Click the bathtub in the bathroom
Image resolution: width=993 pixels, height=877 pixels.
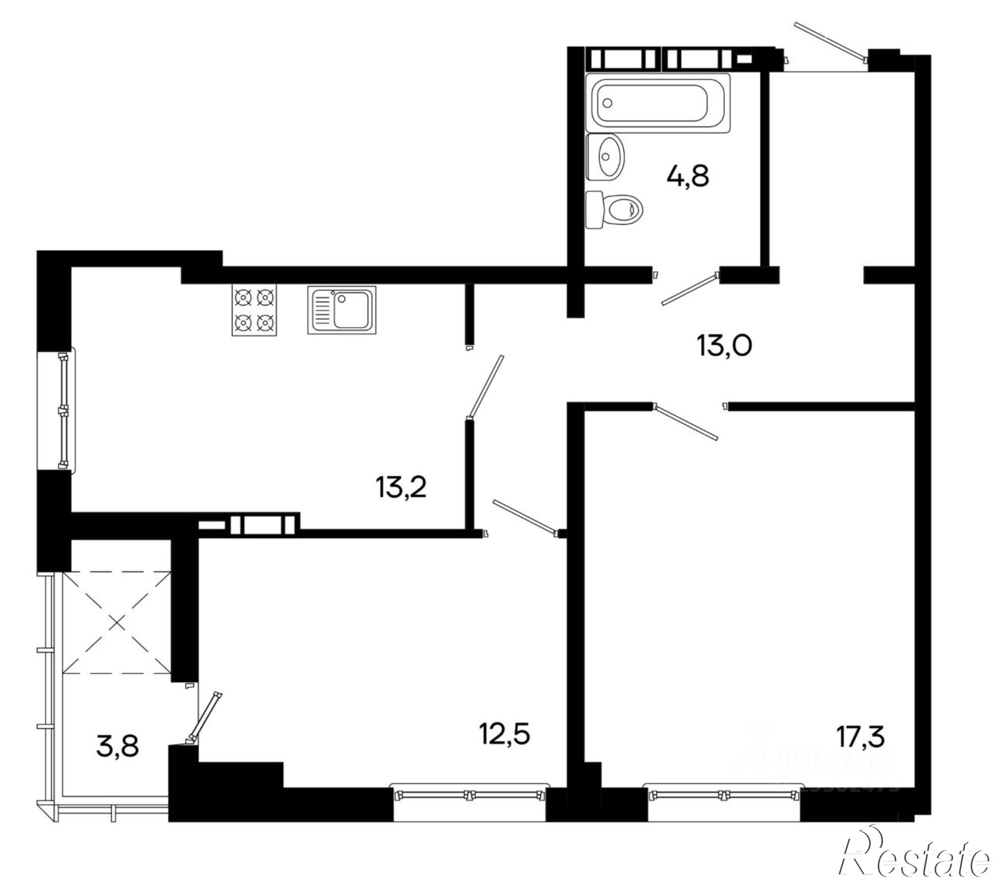657,103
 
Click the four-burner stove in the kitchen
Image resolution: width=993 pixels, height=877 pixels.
254,311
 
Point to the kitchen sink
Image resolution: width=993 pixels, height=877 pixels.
342,310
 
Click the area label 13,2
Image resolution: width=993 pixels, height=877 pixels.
401,488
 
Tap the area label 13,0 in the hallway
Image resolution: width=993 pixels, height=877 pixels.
724,345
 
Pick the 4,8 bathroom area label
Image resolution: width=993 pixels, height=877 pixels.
688,176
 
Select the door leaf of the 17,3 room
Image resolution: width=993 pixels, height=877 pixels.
687,422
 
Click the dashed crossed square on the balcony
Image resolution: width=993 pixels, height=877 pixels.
117,622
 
